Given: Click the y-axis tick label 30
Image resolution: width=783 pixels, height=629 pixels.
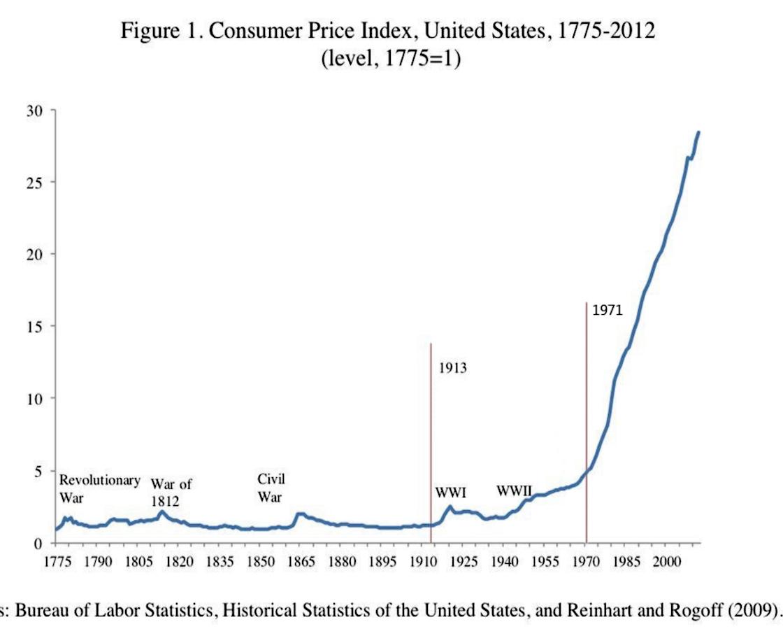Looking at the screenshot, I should point(36,111).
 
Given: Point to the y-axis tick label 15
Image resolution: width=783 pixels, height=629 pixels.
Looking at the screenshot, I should point(36,326).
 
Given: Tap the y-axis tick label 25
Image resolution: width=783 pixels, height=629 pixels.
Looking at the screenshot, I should point(36,183).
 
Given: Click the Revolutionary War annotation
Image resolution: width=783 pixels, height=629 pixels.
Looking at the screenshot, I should point(99,488).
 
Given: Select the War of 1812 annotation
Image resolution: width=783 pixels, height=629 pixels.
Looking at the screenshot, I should point(171,492).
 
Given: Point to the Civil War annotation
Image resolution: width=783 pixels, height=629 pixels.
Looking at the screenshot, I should point(271,488).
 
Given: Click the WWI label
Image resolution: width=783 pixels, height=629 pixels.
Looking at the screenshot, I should point(450,492).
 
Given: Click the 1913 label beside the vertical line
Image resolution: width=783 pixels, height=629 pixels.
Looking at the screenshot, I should point(452,368).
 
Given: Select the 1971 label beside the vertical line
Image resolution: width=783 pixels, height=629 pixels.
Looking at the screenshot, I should point(607,311).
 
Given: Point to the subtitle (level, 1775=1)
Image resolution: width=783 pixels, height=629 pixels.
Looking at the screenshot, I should point(390,59).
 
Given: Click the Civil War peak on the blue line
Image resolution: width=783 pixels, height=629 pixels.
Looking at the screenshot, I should point(300,514).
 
